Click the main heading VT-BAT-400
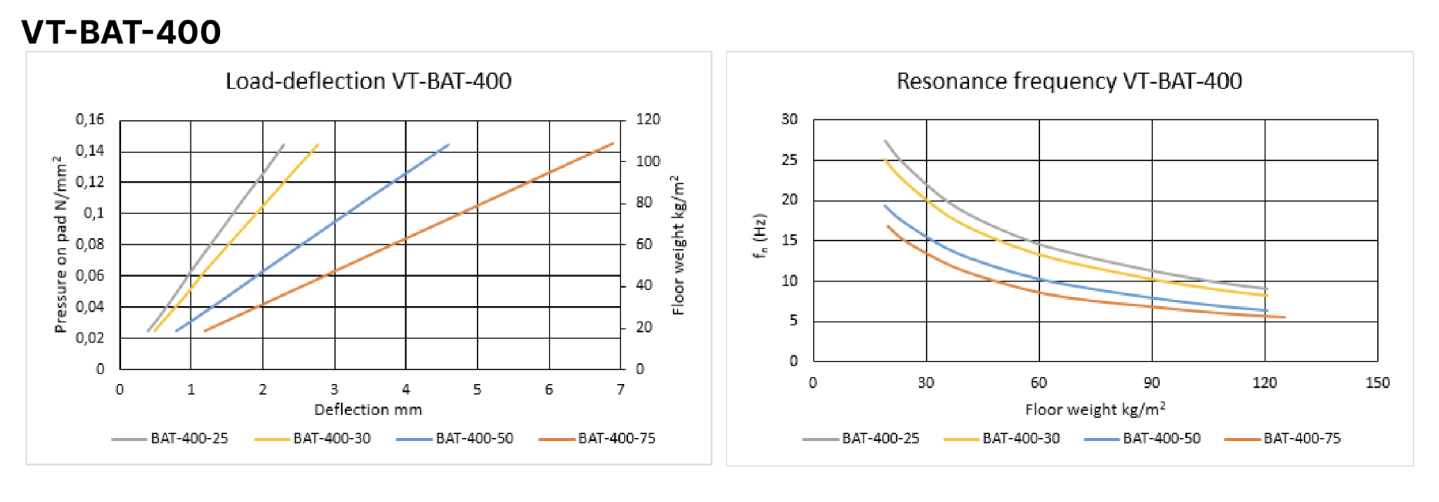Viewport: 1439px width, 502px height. tap(121, 32)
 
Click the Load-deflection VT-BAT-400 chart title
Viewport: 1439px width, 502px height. tap(368, 81)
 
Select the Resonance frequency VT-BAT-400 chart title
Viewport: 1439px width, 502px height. tap(1069, 81)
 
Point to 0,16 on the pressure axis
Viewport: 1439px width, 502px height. tap(90, 119)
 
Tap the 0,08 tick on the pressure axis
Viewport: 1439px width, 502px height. tap(90, 244)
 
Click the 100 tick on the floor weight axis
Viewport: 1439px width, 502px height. tap(648, 161)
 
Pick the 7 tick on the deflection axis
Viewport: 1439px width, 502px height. tap(620, 390)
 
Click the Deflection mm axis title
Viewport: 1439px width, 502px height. tap(367, 410)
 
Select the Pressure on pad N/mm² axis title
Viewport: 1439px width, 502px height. tap(60, 244)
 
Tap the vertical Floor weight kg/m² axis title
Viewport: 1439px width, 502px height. tap(678, 244)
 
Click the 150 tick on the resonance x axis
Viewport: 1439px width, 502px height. tap(1377, 383)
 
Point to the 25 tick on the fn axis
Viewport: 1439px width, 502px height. tap(790, 160)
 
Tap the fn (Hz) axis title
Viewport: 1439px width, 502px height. tap(760, 236)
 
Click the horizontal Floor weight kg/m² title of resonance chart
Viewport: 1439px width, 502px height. tap(1095, 409)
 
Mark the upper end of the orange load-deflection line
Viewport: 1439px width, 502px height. tap(613, 143)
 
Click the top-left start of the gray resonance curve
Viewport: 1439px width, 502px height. tap(885, 141)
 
